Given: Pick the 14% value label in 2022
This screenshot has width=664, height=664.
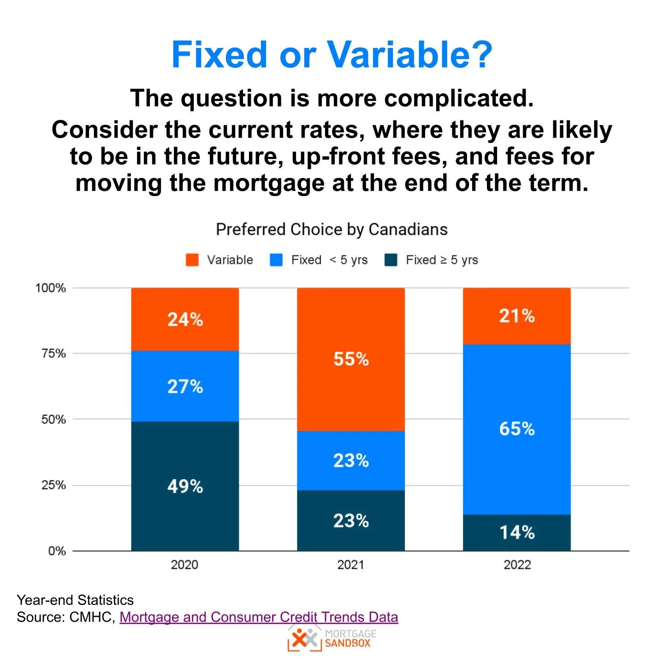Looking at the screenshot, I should tap(517, 533).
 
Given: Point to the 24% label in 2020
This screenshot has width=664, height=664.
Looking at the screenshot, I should tap(185, 319).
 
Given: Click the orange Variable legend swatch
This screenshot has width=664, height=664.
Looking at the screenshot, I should tap(192, 260).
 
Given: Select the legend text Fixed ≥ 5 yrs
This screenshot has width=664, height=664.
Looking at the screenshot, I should tap(442, 260).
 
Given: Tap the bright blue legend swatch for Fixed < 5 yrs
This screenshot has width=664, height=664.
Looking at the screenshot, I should tap(276, 260).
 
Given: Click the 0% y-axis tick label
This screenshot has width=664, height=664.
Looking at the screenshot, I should tap(57, 551).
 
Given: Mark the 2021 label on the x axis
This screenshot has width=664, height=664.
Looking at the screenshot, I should tap(350, 565).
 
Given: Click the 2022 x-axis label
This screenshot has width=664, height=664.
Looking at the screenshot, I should tap(517, 565).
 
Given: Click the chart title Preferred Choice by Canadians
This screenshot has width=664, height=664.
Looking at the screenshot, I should tap(332, 230).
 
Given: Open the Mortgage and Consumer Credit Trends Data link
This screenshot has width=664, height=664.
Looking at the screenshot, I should tap(259, 617).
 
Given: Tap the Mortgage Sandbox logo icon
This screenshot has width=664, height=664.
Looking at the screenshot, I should tap(305, 639).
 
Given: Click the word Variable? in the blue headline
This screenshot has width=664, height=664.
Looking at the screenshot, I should tap(410, 54).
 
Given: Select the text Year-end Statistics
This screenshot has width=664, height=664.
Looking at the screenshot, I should tap(75, 600).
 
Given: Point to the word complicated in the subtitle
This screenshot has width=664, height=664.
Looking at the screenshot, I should tap(458, 98).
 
